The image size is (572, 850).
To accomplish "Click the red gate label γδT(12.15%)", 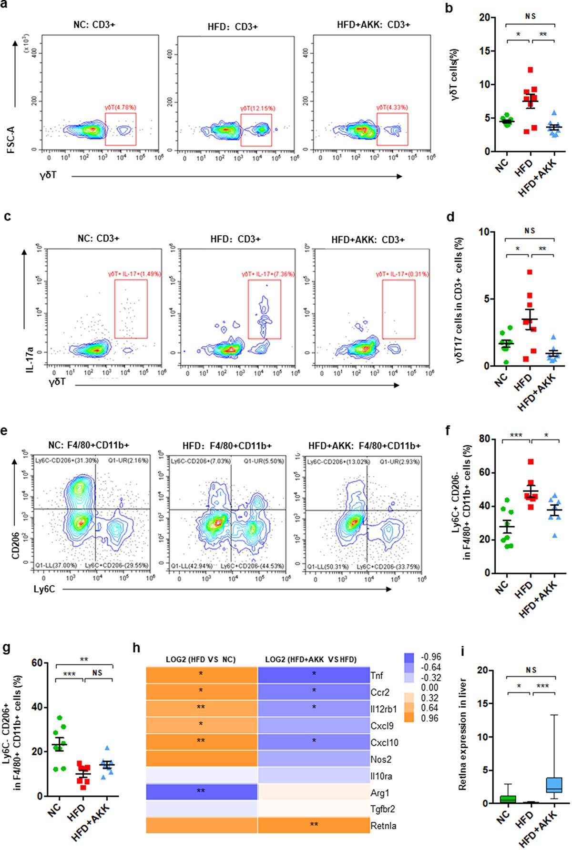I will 257,108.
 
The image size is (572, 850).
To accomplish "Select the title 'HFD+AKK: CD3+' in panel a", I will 373,24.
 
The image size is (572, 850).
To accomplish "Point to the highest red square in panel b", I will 530,70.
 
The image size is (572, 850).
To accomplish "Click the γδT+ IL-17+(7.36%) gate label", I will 268,274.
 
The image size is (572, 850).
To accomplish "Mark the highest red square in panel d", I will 530,272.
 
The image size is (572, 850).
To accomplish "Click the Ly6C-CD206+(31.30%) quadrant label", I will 67,460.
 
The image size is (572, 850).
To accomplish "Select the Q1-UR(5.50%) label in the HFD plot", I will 264,461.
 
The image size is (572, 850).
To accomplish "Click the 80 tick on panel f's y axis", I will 484,439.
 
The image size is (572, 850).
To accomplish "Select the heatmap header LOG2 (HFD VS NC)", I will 201,660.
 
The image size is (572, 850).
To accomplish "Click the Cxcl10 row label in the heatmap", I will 384,742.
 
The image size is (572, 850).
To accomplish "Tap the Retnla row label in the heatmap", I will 383,826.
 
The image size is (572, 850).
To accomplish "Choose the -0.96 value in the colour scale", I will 430,657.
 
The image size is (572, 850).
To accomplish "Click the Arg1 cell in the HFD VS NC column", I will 201,791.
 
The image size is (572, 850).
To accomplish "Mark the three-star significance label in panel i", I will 542,686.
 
